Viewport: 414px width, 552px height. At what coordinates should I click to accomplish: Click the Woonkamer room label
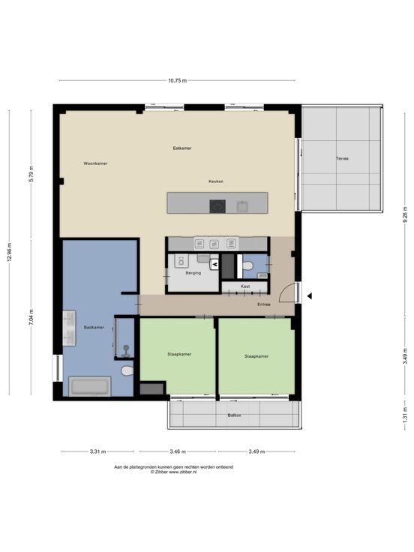95,163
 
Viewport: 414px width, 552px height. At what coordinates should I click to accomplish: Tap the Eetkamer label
182,148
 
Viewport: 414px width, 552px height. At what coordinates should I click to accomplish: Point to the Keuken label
216,181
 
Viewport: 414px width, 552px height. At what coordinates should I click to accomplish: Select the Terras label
342,159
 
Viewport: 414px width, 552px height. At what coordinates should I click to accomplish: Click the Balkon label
235,415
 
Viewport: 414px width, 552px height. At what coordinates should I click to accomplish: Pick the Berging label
193,273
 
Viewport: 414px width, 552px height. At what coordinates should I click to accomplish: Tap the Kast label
245,286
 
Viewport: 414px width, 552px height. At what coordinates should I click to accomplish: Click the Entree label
264,304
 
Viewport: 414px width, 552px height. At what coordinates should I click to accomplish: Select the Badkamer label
94,328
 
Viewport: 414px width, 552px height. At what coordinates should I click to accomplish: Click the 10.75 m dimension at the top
178,80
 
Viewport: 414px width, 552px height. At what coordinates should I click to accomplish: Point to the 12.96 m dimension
10,252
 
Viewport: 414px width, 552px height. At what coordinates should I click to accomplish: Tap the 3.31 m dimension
97,451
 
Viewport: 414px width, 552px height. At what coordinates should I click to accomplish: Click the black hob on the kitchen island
217,206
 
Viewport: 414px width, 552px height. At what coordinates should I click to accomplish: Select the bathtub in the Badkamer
90,386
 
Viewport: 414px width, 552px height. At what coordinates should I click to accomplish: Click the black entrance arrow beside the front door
310,296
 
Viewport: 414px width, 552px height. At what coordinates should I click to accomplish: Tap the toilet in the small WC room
247,265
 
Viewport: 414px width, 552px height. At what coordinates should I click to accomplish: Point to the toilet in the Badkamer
127,370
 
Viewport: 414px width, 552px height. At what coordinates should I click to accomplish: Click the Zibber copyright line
173,472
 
